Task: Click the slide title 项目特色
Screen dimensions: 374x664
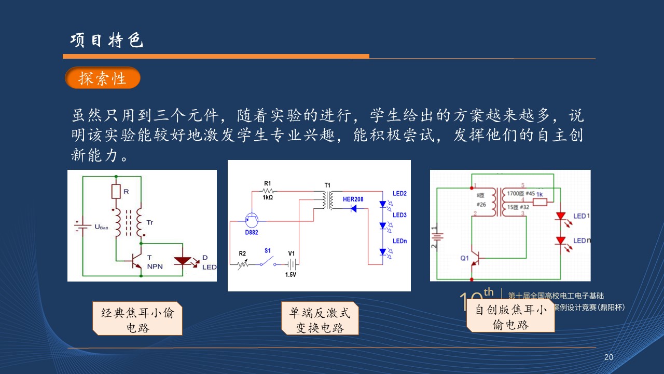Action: (106, 41)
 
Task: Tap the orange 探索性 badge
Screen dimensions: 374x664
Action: (103, 78)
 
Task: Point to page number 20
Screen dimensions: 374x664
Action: (609, 357)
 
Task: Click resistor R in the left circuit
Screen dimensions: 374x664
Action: (116, 192)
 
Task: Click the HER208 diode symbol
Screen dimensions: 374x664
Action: (354, 208)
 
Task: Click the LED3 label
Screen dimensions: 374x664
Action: (399, 215)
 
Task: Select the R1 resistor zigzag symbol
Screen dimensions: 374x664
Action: (268, 191)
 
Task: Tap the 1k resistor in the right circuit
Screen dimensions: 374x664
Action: (539, 202)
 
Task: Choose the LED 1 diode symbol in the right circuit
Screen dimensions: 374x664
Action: (561, 216)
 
